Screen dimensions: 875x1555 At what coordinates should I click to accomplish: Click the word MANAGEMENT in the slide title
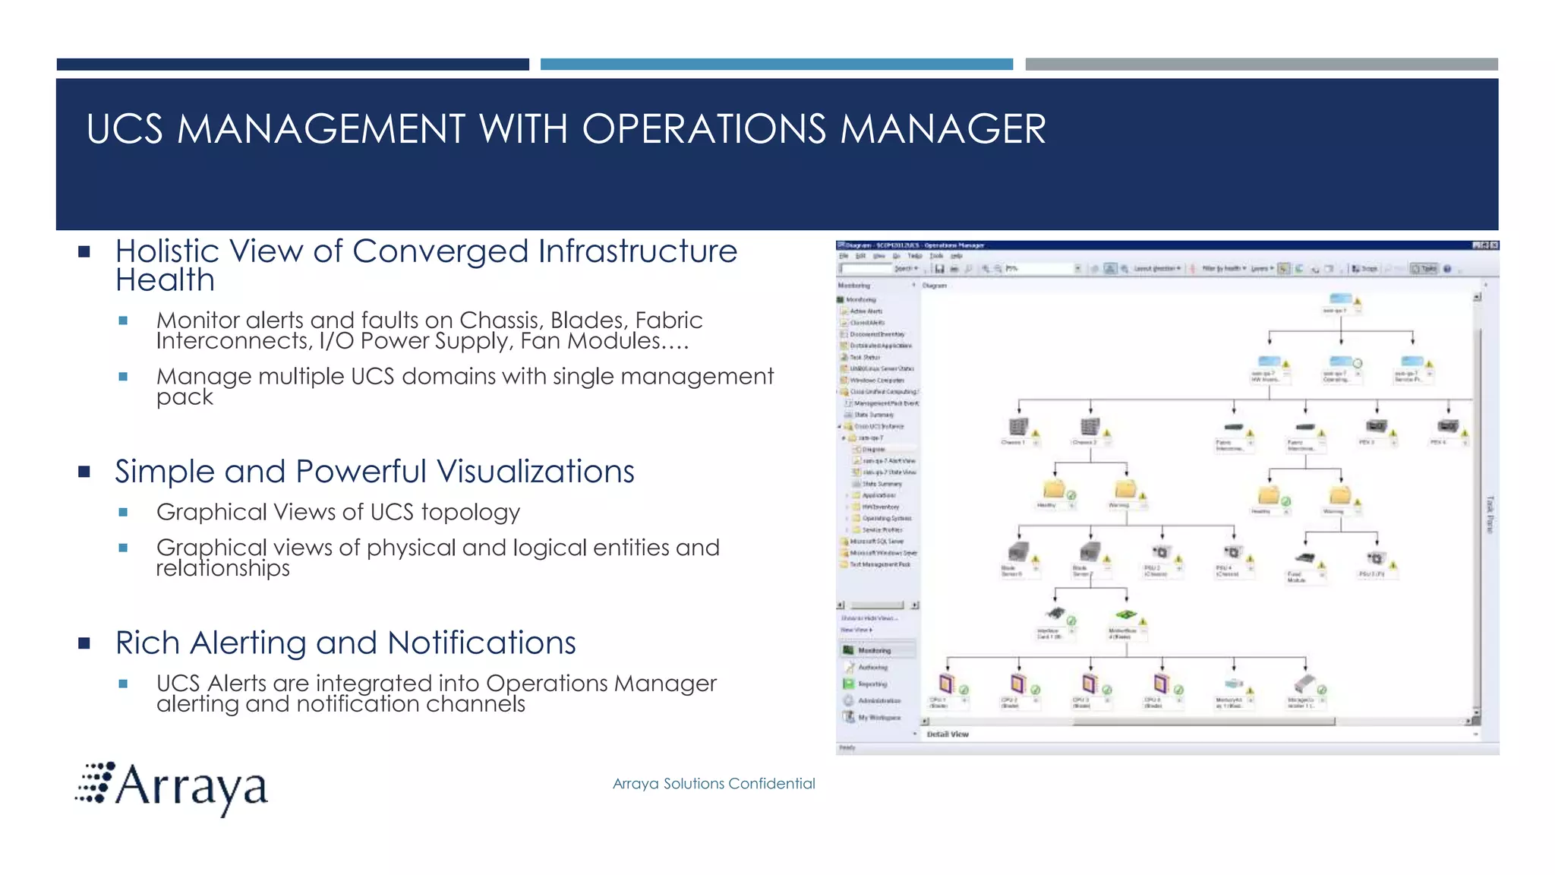coord(320,128)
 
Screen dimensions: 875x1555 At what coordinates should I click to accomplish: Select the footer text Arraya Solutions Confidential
coord(713,783)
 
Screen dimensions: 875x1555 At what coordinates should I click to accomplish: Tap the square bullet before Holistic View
coord(84,251)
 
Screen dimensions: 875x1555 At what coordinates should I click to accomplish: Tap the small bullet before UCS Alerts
coord(123,684)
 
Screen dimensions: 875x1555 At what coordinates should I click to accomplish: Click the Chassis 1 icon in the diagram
coord(1017,427)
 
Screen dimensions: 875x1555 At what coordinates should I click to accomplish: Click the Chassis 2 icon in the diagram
coord(1089,427)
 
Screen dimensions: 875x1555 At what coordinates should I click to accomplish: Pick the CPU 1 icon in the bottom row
coord(945,683)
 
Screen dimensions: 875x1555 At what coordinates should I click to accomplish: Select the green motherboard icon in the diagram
coord(1125,614)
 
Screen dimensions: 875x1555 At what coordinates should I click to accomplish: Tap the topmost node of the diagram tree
coord(1340,299)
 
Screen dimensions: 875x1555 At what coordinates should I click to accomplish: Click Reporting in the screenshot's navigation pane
coord(872,684)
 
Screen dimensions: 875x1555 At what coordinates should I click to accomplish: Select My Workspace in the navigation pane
coord(878,717)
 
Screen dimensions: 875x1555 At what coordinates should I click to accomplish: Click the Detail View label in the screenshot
coord(947,734)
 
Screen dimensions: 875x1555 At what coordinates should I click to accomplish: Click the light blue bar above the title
coord(776,65)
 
